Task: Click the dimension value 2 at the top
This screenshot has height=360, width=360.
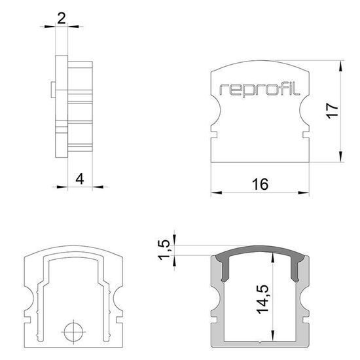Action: (62, 18)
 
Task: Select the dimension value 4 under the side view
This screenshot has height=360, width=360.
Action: (80, 177)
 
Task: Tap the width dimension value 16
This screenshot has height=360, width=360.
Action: (260, 185)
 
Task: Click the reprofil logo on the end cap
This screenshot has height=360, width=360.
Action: (260, 90)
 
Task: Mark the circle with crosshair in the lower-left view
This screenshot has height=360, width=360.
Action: (75, 329)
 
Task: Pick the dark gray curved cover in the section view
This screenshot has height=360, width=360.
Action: (260, 256)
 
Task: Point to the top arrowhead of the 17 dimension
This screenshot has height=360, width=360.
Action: (341, 66)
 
